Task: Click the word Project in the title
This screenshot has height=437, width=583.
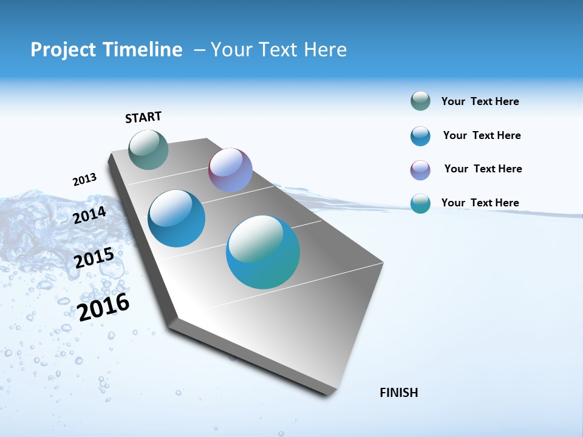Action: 60,50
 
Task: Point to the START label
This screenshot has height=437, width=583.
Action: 143,117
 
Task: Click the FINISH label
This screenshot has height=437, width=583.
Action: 398,393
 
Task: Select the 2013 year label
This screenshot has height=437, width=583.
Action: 84,180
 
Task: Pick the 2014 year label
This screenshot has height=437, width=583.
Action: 90,215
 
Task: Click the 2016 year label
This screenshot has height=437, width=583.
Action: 104,307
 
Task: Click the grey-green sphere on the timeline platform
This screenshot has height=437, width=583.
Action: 149,149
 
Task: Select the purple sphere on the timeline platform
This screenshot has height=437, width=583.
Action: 230,169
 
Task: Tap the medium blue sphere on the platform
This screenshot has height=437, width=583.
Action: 177,218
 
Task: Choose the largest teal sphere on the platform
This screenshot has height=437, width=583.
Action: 263,252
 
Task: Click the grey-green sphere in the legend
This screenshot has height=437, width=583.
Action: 420,101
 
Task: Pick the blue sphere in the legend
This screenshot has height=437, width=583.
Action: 420,136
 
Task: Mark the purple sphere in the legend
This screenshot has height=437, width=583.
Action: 420,170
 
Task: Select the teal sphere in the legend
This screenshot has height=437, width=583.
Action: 420,203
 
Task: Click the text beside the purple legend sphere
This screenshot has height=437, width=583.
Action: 483,169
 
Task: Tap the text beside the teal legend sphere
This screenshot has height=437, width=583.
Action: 480,203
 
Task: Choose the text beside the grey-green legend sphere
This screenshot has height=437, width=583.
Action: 480,101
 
